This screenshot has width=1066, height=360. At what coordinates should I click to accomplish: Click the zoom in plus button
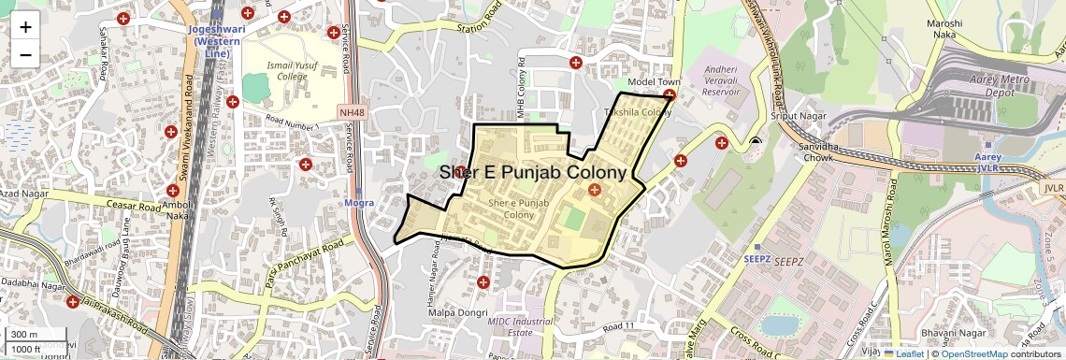pos(25,26)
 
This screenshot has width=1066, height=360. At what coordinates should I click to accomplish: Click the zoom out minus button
pos(25,54)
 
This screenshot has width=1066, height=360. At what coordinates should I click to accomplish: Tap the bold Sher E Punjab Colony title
pos(532,173)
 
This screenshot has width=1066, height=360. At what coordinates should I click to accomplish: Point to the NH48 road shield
pos(352,112)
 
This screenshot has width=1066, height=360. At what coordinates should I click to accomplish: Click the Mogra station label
pos(359,202)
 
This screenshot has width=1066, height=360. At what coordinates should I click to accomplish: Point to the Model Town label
pos(654,82)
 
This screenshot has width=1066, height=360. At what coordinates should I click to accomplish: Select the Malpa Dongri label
pos(454,311)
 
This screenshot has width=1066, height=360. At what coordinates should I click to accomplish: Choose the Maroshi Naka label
pos(949,27)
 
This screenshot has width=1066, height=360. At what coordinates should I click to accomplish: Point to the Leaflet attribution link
pos(906,353)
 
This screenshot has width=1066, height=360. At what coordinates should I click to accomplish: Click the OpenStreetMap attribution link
pos(973,353)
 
